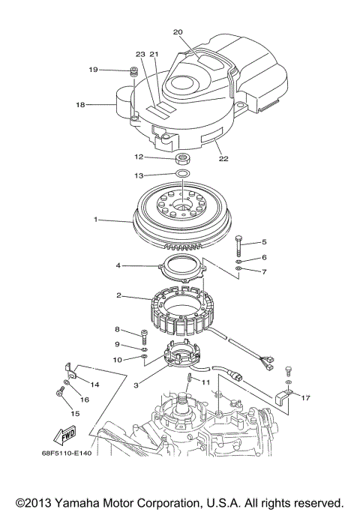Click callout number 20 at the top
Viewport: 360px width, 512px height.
(x=178, y=32)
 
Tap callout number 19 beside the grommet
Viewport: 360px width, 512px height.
(x=94, y=70)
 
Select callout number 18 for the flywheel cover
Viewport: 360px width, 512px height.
(x=80, y=106)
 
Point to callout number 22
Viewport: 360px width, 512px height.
(x=222, y=158)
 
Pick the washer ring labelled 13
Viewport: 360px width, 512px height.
(x=182, y=175)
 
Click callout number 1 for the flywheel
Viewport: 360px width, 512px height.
(x=96, y=220)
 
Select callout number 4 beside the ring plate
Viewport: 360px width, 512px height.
(x=118, y=265)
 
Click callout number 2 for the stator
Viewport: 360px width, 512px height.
(x=118, y=296)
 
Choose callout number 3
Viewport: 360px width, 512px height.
(x=136, y=385)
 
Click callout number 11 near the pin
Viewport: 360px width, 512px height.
(x=204, y=382)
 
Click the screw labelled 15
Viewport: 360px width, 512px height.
(x=58, y=392)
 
